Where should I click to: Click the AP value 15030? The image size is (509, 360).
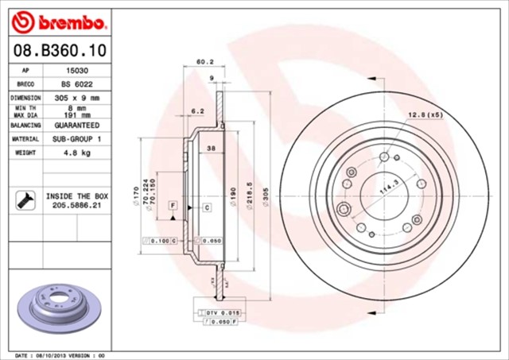pos(70,70)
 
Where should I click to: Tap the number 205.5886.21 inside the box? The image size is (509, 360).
pos(76,204)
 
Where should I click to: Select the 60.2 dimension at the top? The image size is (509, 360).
pos(205,60)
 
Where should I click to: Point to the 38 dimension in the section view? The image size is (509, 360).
pos(210,149)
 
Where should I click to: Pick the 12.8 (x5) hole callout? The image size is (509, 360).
pos(425,115)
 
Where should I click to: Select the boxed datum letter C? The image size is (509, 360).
pos(206,207)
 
